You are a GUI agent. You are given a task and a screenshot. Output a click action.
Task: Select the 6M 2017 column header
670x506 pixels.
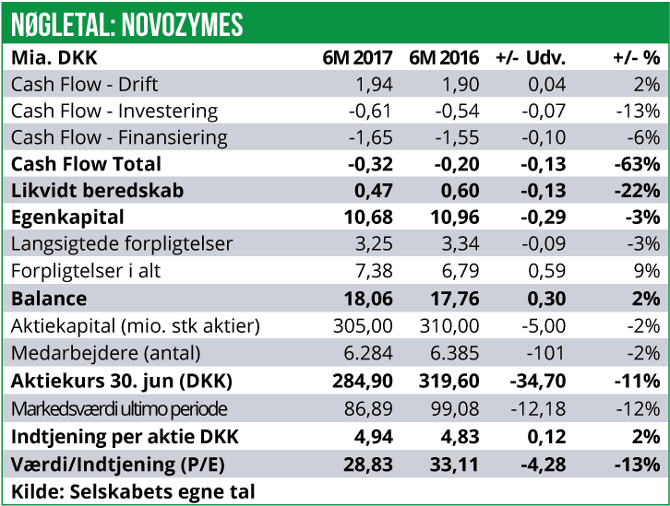(x=358, y=57)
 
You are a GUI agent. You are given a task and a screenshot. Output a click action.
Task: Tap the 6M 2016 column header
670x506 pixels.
(x=444, y=57)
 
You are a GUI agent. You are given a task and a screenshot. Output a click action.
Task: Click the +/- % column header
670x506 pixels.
(x=636, y=57)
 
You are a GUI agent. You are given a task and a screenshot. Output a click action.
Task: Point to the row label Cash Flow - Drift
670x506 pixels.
(x=85, y=84)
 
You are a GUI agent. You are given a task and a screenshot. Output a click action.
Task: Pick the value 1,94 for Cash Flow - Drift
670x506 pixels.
(x=374, y=84)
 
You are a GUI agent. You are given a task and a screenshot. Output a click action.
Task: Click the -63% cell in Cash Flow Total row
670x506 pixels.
(x=638, y=164)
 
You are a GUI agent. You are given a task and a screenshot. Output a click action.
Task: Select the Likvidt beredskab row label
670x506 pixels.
(x=100, y=191)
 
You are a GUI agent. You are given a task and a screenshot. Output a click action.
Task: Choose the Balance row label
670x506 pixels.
(x=49, y=299)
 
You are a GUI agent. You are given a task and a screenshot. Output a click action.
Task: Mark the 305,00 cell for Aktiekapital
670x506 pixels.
(x=363, y=325)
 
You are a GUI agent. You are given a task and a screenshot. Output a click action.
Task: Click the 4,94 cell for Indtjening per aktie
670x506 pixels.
(x=373, y=434)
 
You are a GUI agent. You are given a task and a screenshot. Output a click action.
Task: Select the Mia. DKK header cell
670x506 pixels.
(x=54, y=57)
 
